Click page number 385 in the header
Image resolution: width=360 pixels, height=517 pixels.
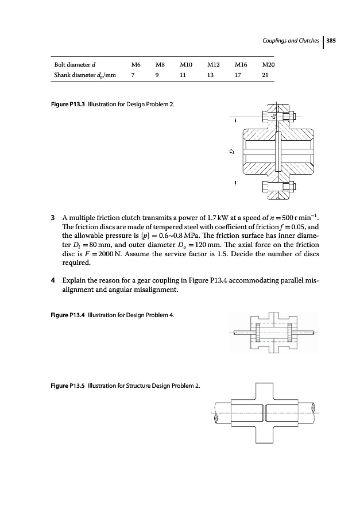(x=331, y=41)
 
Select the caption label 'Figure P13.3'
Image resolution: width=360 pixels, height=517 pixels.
(x=68, y=104)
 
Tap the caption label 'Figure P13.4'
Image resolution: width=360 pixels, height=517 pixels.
(x=68, y=315)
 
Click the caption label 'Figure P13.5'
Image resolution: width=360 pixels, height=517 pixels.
(x=68, y=385)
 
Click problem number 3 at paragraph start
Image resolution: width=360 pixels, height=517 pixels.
(x=53, y=218)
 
